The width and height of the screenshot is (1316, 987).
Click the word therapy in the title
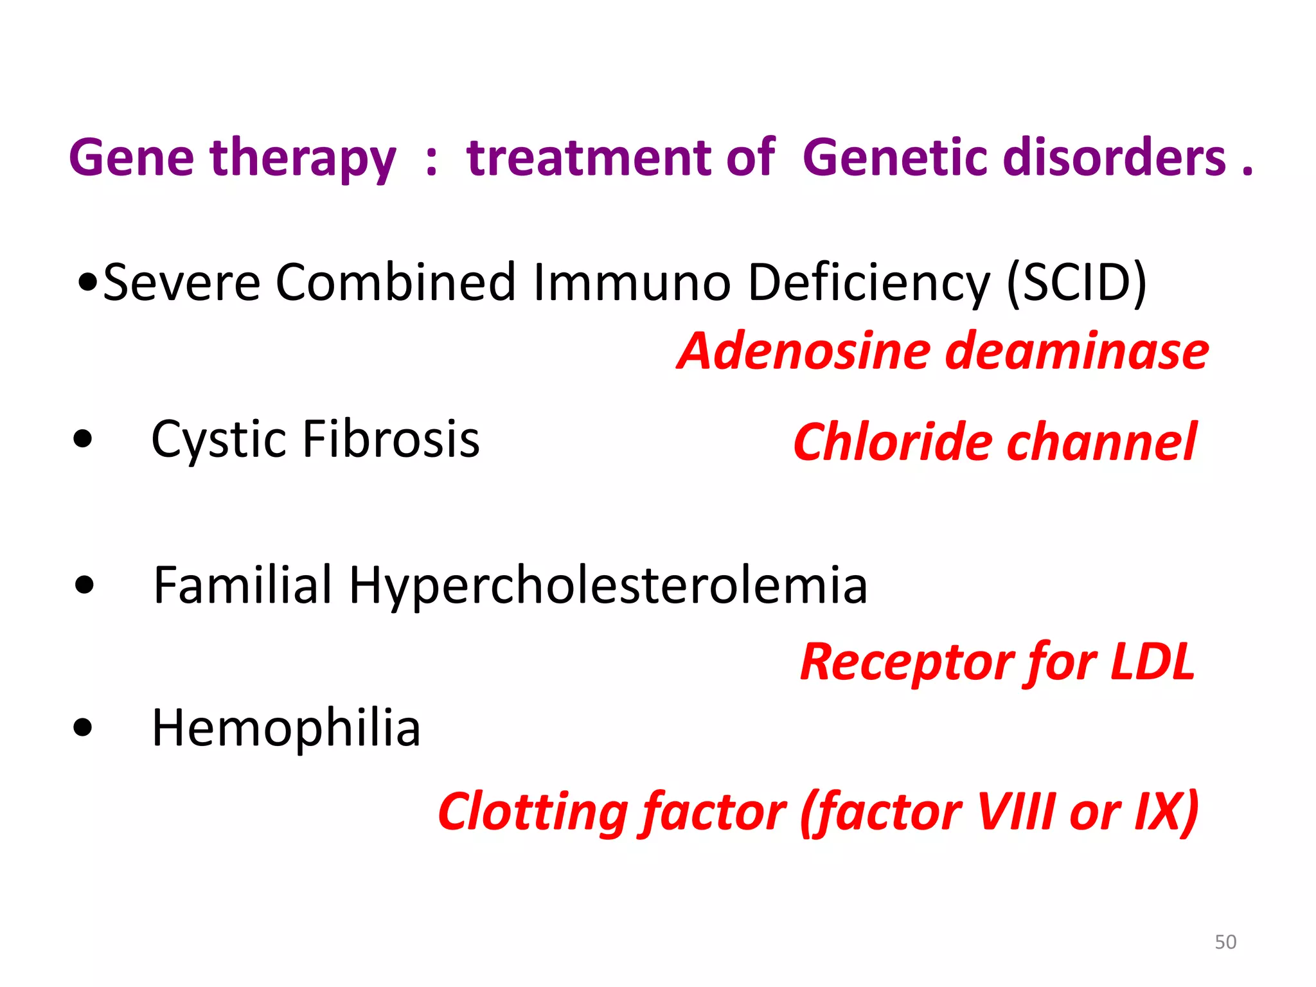click(303, 159)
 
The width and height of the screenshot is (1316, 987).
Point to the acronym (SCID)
click(1076, 283)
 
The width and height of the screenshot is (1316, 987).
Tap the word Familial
click(243, 585)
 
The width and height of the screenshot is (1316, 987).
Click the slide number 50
click(1225, 942)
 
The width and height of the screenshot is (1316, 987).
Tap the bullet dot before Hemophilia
click(83, 728)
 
